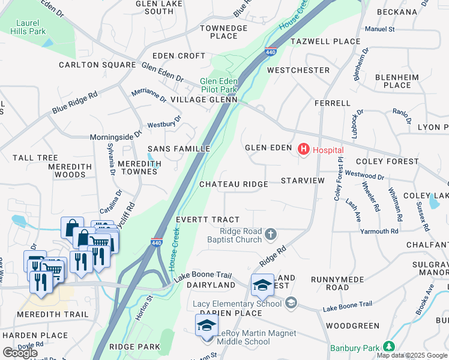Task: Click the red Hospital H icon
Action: point(304,149)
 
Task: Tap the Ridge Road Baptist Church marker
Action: point(271,234)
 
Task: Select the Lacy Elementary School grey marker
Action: point(292,303)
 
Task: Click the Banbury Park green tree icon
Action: point(389,347)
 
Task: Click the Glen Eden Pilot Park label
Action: point(219,85)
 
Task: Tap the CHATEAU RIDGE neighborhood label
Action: point(234,184)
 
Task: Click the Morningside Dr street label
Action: point(115,137)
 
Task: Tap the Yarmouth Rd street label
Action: point(379,231)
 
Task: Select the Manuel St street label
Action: point(379,28)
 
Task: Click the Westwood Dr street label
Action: point(364,175)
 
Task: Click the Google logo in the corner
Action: point(20,353)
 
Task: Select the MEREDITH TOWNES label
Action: point(137,167)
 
